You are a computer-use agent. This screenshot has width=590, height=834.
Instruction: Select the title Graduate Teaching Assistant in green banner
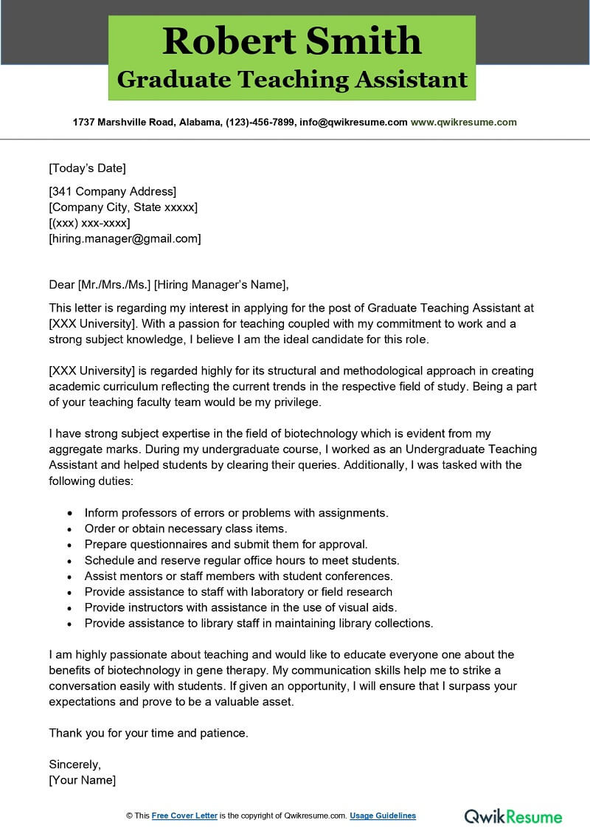(x=292, y=79)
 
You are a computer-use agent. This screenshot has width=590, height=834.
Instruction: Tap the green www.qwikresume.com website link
(x=463, y=123)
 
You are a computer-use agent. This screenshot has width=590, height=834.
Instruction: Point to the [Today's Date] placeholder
(x=87, y=168)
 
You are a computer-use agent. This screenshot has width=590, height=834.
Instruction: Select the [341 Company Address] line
(x=112, y=192)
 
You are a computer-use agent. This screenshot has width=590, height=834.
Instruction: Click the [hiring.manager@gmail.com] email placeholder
(x=125, y=238)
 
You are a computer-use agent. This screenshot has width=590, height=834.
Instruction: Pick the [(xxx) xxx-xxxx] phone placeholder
(x=89, y=223)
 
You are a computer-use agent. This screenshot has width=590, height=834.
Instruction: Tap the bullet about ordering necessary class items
(x=185, y=528)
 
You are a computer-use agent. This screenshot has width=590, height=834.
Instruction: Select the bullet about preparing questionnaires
(x=226, y=544)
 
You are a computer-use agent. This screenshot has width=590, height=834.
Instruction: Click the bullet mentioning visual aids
(x=240, y=607)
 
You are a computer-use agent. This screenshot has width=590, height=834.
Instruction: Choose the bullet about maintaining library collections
(x=258, y=623)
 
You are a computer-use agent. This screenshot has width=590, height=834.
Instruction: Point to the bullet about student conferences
(x=238, y=576)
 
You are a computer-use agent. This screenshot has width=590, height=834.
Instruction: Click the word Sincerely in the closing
(x=74, y=764)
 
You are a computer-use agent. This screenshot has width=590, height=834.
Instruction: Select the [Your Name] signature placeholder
(x=82, y=779)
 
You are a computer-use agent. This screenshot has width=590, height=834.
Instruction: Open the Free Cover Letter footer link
(x=184, y=816)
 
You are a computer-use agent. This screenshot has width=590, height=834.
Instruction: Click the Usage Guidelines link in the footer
(x=382, y=816)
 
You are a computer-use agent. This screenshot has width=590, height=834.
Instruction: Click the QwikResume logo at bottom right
(x=513, y=816)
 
